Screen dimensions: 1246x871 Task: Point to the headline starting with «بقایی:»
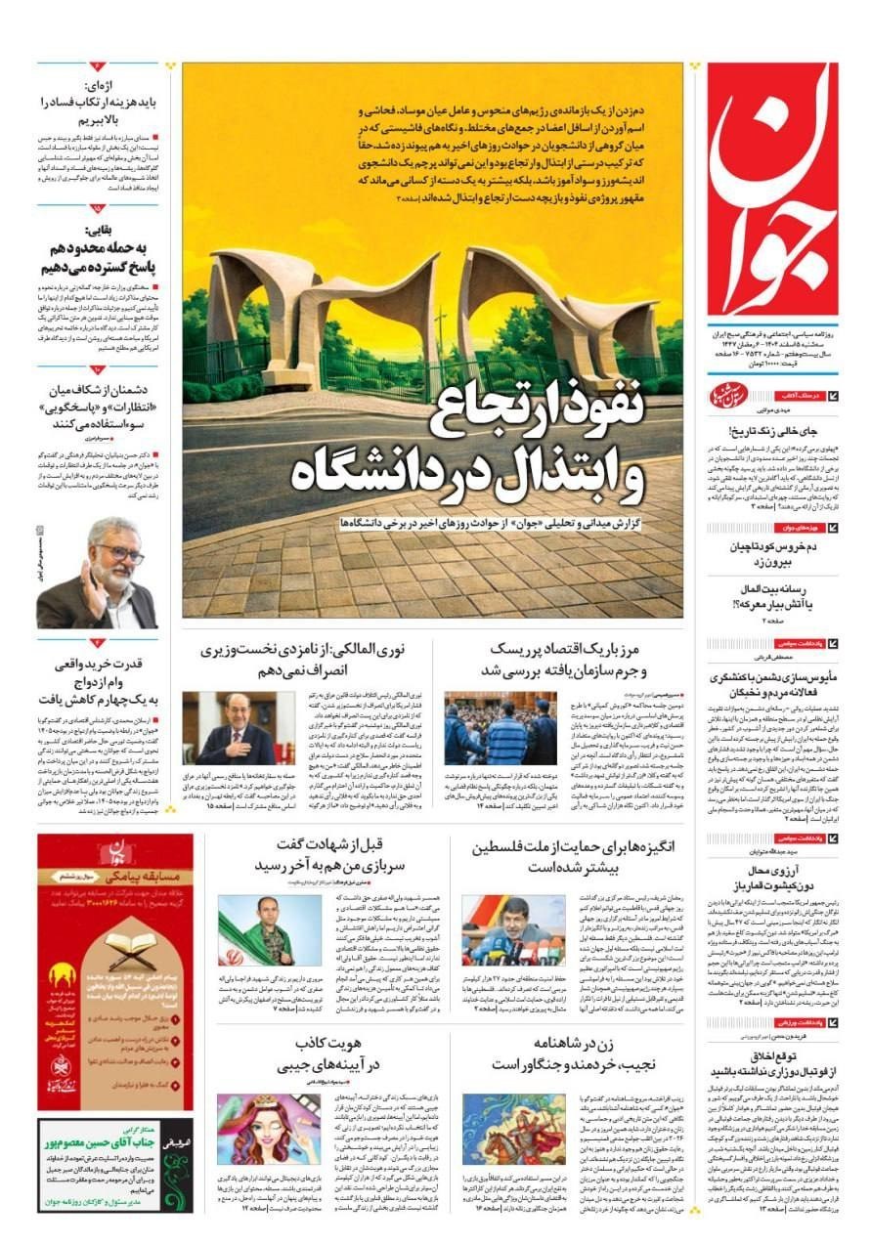point(98,249)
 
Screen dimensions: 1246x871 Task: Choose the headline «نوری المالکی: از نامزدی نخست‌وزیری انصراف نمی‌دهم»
point(303,660)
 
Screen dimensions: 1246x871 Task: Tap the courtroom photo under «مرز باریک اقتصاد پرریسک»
point(500,729)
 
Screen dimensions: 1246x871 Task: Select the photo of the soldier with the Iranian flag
point(255,930)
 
